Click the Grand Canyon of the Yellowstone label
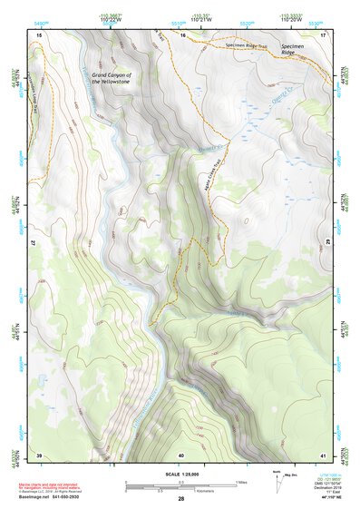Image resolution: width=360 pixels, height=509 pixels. pyautogui.click(x=112, y=78)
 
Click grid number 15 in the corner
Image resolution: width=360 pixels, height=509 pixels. pyautogui.click(x=39, y=34)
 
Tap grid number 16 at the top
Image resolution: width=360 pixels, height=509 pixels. pyautogui.click(x=181, y=34)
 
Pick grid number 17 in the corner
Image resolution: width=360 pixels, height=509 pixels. pyautogui.click(x=323, y=34)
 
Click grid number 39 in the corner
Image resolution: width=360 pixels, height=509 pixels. pyautogui.click(x=39, y=454)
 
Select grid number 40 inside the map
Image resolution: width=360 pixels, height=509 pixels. pyautogui.click(x=181, y=454)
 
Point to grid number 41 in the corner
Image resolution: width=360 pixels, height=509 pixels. pyautogui.click(x=323, y=454)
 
